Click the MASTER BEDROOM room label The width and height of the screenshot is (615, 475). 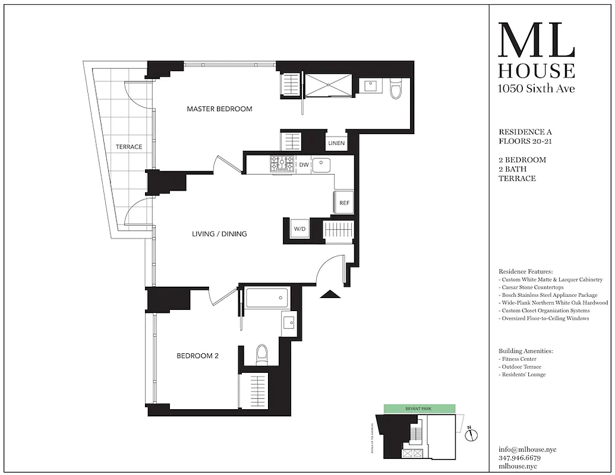219,109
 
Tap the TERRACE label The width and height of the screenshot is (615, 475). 129,147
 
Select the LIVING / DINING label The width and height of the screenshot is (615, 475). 219,234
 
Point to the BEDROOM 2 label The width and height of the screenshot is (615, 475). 198,356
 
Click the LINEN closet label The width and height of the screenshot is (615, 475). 336,143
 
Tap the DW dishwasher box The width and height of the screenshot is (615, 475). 303,164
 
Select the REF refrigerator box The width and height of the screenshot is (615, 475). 344,202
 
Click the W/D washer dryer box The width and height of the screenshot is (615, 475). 299,229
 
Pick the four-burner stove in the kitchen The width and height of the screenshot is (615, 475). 282,164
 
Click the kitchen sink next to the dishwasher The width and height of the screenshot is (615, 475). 321,164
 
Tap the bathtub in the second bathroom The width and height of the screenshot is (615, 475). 267,297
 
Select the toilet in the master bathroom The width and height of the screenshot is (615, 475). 396,90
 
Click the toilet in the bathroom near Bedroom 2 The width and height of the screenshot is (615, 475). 261,355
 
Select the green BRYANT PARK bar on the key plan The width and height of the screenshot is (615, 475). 420,408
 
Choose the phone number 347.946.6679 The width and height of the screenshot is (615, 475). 520,458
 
